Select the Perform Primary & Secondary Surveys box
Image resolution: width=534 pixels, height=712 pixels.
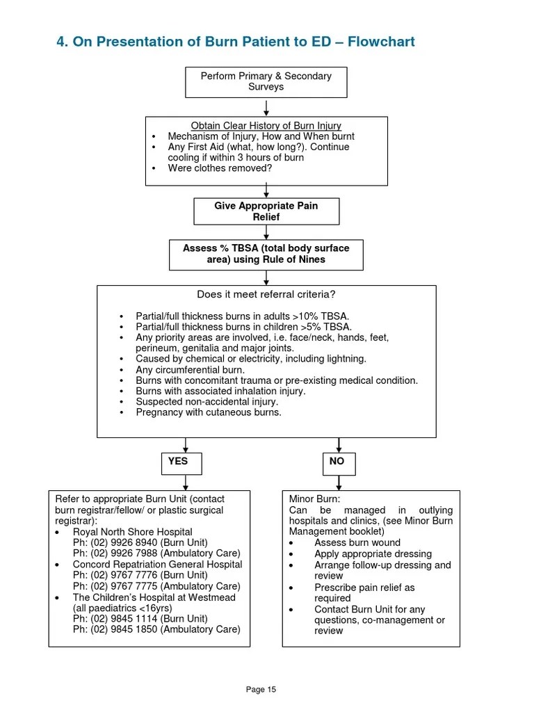[266, 81]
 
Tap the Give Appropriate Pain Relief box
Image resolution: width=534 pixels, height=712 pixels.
[266, 211]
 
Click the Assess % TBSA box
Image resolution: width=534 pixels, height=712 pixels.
[266, 254]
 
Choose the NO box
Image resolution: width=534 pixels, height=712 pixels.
[338, 461]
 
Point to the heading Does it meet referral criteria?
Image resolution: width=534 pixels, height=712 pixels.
[266, 295]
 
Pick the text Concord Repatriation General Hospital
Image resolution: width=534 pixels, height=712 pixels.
[157, 565]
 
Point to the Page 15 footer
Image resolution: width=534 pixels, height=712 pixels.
[261, 690]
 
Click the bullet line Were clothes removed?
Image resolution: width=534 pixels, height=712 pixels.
[220, 168]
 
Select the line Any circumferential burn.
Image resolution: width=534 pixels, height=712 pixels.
[190, 370]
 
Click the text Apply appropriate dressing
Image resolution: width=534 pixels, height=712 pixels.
[373, 554]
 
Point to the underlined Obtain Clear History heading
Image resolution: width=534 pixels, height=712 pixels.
[266, 126]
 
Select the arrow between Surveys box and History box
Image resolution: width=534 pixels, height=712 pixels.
[267, 107]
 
